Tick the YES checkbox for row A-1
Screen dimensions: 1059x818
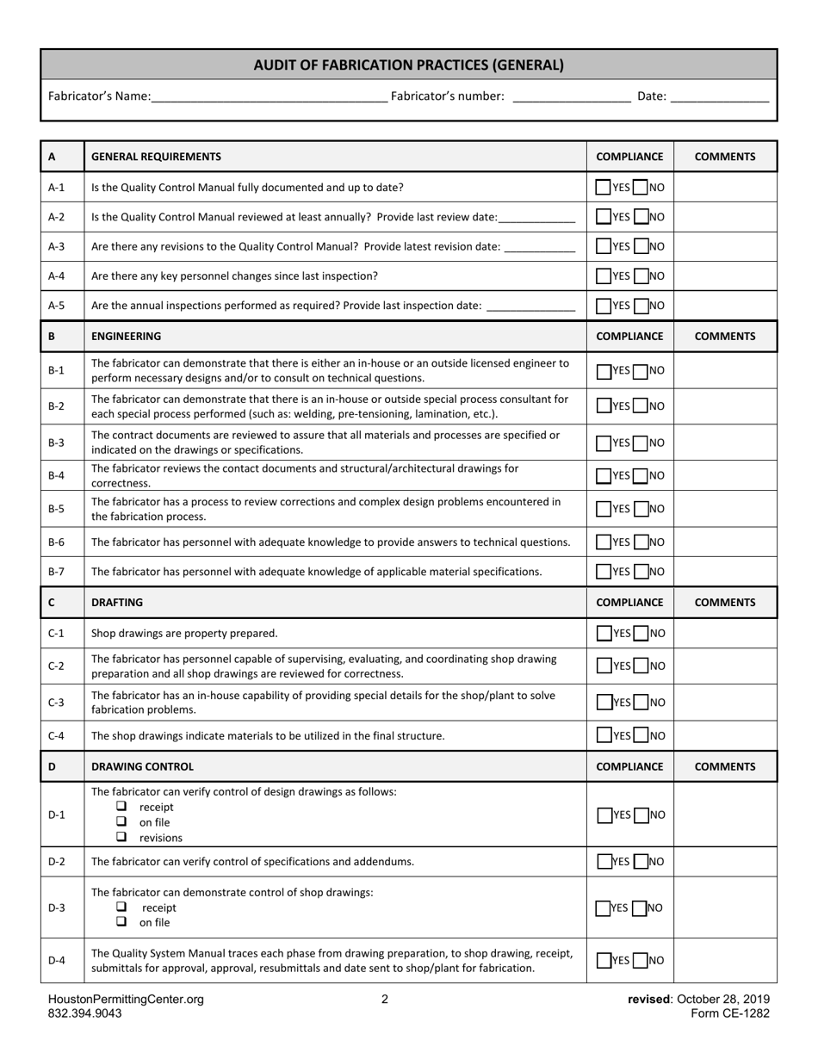(604, 187)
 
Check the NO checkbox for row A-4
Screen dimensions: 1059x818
(641, 276)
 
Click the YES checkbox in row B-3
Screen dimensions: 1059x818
(604, 443)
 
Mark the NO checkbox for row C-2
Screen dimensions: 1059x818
(641, 666)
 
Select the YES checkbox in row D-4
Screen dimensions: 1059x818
(604, 961)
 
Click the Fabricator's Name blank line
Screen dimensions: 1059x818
(269, 97)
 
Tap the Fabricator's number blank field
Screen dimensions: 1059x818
(571, 97)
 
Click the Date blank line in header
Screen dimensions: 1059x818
(719, 97)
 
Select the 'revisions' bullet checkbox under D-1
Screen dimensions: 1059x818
(121, 837)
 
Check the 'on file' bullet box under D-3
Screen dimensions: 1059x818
(121, 921)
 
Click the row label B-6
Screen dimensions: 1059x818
(56, 542)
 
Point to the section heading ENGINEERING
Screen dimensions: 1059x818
(126, 337)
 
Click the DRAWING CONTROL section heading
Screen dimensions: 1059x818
(142, 766)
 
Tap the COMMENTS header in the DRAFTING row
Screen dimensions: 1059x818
(725, 603)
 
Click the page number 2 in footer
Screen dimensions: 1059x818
(385, 1000)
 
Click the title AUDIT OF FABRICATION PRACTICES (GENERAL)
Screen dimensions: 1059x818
(409, 65)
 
